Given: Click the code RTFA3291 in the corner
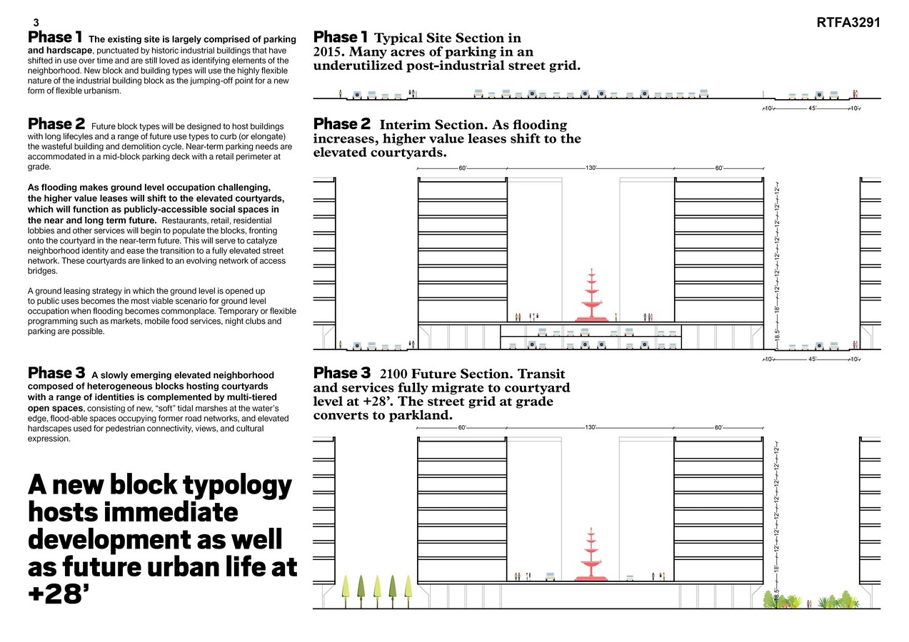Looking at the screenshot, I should tap(848, 23).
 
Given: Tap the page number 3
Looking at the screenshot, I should tap(36, 23).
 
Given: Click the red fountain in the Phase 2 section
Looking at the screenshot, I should tap(591, 297).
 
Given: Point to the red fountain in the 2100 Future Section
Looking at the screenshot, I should tap(591, 556).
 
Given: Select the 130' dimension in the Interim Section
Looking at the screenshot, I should tap(591, 168).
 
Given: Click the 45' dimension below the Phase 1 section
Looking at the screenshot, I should tap(812, 108).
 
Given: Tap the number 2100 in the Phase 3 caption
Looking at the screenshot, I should tap(394, 374).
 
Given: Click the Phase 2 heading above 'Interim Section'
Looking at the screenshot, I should tap(342, 124).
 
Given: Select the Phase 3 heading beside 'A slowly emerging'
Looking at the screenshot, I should tap(56, 373).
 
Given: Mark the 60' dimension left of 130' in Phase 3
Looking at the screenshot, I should tap(462, 427).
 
